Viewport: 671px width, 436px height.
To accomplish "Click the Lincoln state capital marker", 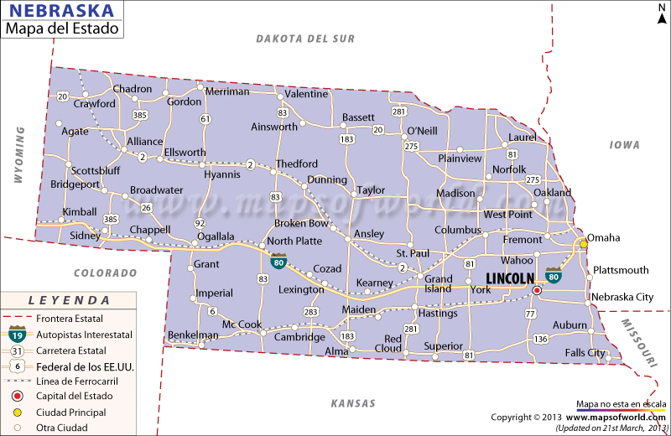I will pyautogui.click(x=537, y=290).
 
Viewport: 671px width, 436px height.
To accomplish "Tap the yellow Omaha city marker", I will pyautogui.click(x=584, y=244).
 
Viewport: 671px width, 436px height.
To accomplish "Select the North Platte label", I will pyautogui.click(x=294, y=241).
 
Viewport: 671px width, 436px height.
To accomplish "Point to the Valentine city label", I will pyautogui.click(x=306, y=94).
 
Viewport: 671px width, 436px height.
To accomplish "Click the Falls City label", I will pyautogui.click(x=584, y=353).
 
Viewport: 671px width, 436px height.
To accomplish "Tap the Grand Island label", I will pyautogui.click(x=438, y=284).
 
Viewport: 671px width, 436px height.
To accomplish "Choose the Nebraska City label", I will pyautogui.click(x=622, y=297).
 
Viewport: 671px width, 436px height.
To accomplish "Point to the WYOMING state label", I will pyautogui.click(x=18, y=155).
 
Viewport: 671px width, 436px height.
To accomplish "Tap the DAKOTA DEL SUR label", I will pyautogui.click(x=305, y=39).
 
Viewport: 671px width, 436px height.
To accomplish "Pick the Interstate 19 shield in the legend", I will pyautogui.click(x=16, y=334).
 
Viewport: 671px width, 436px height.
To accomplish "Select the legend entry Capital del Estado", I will pyautogui.click(x=73, y=397).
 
